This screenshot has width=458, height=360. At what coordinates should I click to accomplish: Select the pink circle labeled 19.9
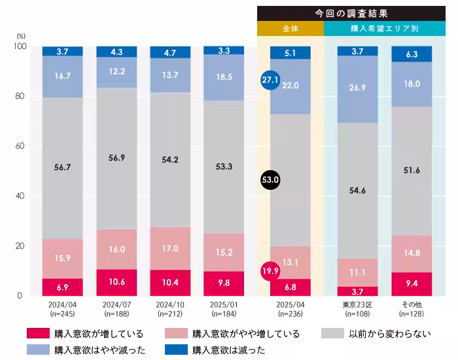[x=270, y=270]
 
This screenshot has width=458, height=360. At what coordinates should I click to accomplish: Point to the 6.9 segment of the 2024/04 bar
[x=63, y=287]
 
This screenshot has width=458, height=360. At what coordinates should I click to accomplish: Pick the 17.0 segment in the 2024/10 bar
[x=170, y=248]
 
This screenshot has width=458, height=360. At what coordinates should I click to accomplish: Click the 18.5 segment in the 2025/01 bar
[x=223, y=77]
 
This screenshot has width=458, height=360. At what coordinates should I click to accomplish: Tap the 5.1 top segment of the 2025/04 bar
[x=291, y=53]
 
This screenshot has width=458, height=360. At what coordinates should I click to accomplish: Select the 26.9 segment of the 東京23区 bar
[x=357, y=88]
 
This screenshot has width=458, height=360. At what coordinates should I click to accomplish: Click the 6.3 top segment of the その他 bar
[x=412, y=54]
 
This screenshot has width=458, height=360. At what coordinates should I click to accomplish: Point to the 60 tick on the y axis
[x=19, y=146]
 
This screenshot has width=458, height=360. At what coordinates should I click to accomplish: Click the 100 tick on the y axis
[x=18, y=46]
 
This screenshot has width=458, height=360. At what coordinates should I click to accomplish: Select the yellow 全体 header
[x=291, y=29]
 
